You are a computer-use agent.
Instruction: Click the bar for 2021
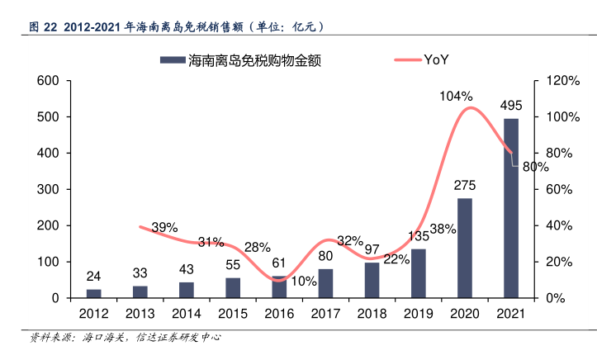coord(511,208)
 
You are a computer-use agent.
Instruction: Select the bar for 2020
coord(465,248)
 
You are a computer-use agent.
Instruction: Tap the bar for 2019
coord(419,273)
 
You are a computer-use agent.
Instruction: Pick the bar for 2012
coord(94,293)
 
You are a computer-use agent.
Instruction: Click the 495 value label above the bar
coord(511,106)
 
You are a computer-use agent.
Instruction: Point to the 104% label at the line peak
coord(456,97)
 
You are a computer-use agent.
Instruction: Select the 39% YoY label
coord(164,227)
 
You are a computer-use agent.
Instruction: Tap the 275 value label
coord(465,185)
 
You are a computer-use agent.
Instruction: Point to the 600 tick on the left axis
coord(48,81)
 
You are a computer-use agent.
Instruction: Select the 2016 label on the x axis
coord(279,315)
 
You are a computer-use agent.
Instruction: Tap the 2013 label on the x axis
coord(140,315)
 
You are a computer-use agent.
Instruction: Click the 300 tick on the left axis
coord(48,189)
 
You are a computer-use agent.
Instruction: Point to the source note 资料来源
coord(124,338)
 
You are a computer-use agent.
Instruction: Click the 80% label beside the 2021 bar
coord(535,167)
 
